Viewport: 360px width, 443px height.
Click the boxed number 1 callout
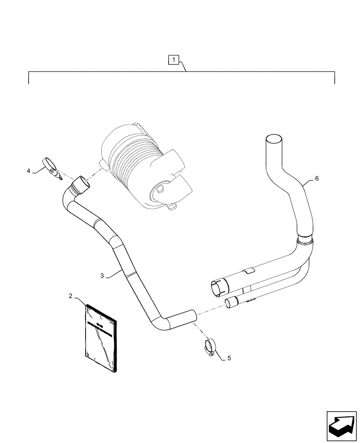[x=174, y=59]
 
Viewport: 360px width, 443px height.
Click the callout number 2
[x=70, y=296]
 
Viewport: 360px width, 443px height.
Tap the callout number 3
[x=102, y=276]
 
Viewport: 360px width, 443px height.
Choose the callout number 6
[x=316, y=179]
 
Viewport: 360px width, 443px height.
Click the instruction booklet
[x=102, y=338]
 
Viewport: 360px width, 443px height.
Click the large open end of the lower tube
[x=218, y=288]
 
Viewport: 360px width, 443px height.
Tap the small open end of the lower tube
[x=230, y=303]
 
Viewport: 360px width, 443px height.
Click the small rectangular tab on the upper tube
[x=249, y=270]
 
